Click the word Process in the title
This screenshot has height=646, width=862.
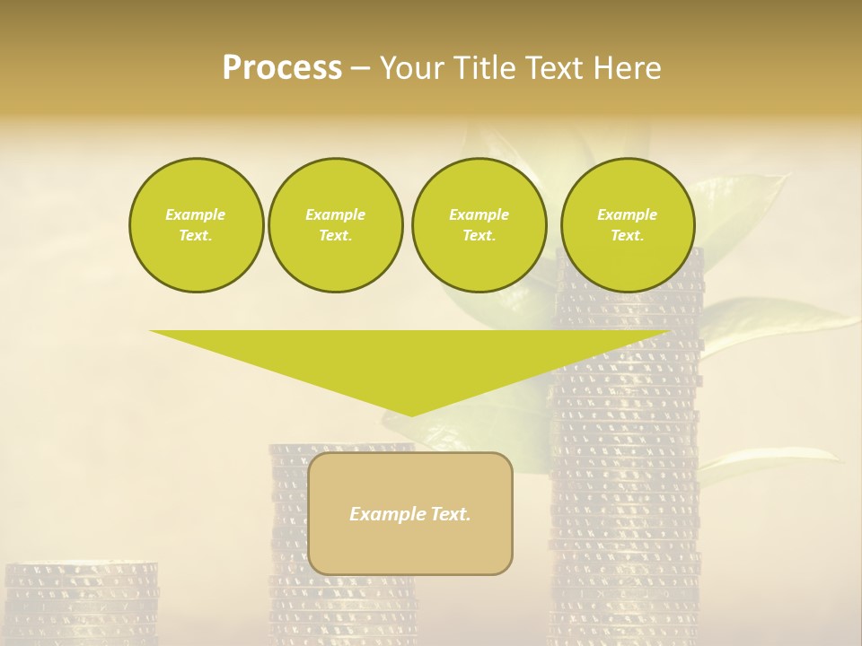pos(282,68)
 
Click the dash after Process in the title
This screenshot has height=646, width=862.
pos(360,69)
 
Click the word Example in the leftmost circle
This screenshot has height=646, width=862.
pos(196,214)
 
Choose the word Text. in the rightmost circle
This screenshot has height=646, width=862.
pos(628,236)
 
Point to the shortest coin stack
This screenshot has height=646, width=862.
pos(81,606)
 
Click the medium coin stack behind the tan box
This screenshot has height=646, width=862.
pos(287,538)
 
